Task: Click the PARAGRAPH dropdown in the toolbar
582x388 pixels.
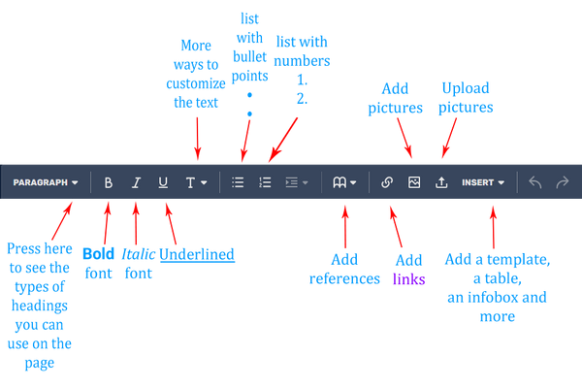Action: click(x=46, y=182)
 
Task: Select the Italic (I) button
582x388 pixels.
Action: click(x=136, y=182)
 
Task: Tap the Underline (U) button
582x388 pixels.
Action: click(x=162, y=182)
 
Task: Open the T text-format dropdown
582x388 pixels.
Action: click(x=195, y=182)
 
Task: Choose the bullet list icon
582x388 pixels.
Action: click(x=238, y=182)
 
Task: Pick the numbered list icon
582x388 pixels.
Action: click(x=265, y=182)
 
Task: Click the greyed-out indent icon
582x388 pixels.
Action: click(x=295, y=182)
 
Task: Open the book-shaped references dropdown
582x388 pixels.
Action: click(x=344, y=182)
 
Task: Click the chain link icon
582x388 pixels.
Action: click(x=387, y=182)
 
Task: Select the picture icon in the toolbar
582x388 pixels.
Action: click(x=414, y=182)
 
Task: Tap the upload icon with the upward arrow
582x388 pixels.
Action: click(x=441, y=182)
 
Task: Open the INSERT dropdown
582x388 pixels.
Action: click(x=483, y=182)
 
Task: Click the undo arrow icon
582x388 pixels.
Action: click(x=534, y=182)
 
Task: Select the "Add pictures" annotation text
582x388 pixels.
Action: click(x=391, y=98)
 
